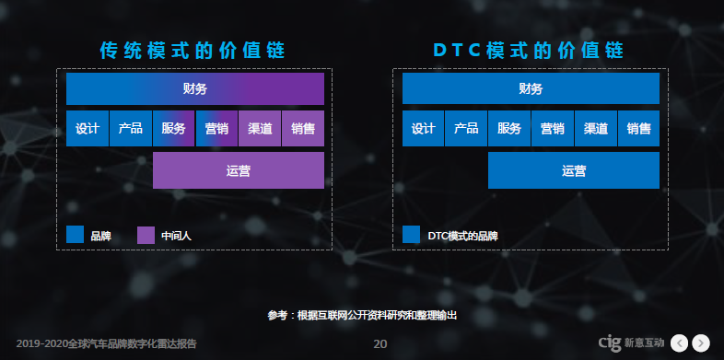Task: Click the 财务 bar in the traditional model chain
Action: pos(194,88)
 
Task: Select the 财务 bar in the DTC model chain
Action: pos(531,88)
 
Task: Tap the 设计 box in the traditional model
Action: pos(88,129)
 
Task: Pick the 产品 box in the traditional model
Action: pos(130,129)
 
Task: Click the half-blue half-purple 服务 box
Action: pos(173,129)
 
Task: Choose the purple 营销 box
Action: pos(216,129)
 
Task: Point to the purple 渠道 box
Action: pos(260,129)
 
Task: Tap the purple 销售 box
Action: pos(303,129)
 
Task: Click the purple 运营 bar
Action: pos(238,170)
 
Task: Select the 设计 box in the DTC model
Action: pos(423,129)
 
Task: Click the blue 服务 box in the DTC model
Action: pos(509,129)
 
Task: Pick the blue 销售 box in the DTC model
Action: pos(639,129)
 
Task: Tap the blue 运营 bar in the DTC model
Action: pos(573,170)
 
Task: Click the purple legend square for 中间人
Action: pos(146,236)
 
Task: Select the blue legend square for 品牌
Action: pos(76,236)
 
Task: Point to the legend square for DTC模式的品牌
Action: pos(412,236)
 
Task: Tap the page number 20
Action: pos(380,343)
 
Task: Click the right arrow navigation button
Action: pos(701,343)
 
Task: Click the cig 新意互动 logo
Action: pos(630,343)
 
